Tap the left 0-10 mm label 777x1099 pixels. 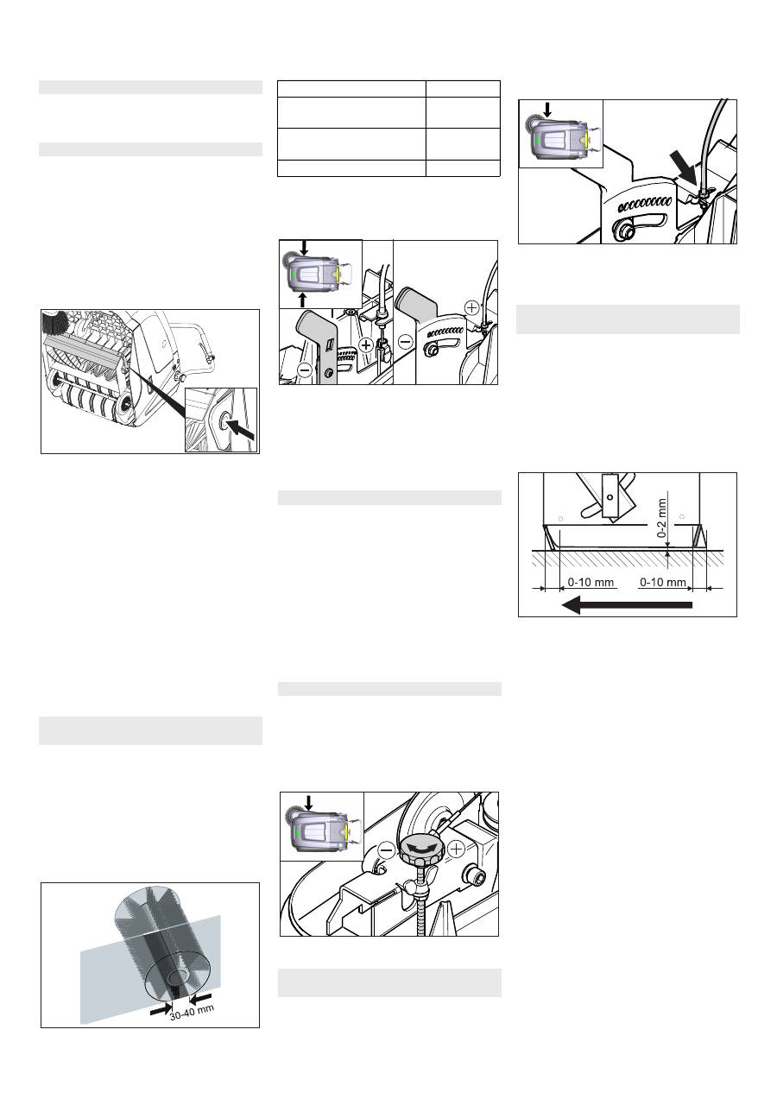click(591, 583)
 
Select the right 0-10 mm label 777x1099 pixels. click(663, 583)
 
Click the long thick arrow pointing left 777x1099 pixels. click(627, 605)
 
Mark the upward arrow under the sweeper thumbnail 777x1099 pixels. click(303, 299)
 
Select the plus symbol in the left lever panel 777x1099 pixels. click(366, 345)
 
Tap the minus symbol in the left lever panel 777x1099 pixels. click(305, 370)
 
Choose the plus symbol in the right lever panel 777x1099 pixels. click(471, 307)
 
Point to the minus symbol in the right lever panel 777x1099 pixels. click(406, 342)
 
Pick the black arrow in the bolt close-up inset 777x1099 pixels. click(243, 428)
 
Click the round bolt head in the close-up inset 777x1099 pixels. click(225, 420)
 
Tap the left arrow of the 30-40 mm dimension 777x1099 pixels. click(161, 1005)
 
